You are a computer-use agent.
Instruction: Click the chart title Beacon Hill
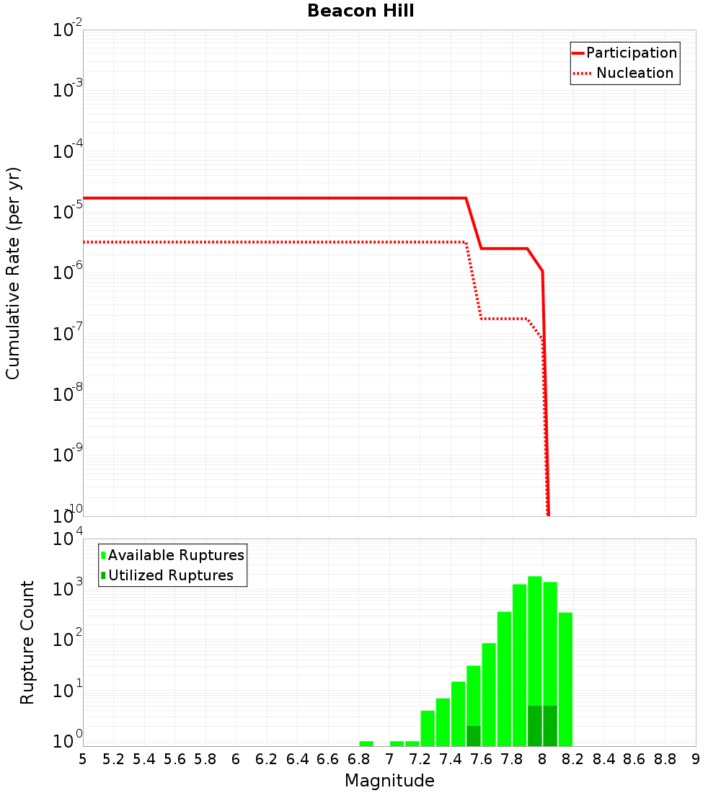pyautogui.click(x=360, y=11)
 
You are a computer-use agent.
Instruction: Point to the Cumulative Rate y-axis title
pyautogui.click(x=13, y=273)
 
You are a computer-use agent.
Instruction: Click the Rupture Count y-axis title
pyautogui.click(x=27, y=642)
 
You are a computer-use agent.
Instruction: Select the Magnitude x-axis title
pyautogui.click(x=389, y=781)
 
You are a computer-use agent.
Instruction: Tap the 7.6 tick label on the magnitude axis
pyautogui.click(x=481, y=759)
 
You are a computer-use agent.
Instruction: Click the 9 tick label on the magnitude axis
pyautogui.click(x=696, y=759)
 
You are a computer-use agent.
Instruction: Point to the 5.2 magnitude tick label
pyautogui.click(x=113, y=759)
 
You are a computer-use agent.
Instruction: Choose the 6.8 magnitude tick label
pyautogui.click(x=358, y=759)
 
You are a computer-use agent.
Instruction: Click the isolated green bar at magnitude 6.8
pyautogui.click(x=366, y=743)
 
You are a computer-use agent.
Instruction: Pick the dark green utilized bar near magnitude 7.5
pyautogui.click(x=474, y=736)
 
